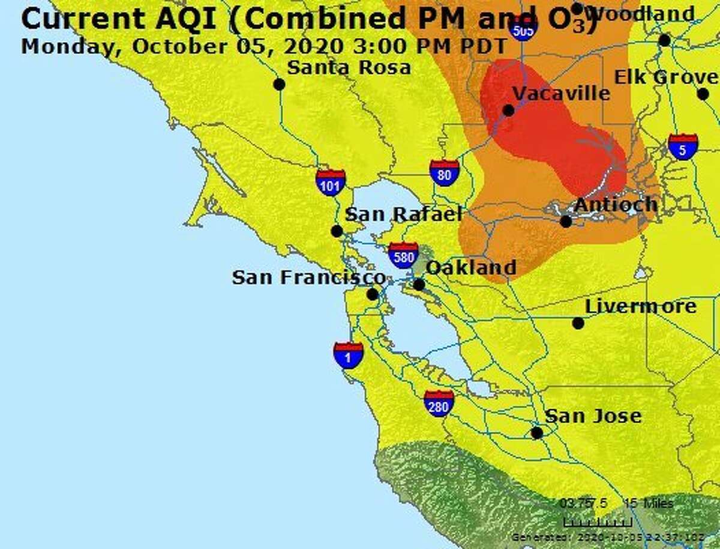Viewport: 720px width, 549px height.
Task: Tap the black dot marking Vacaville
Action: (508, 111)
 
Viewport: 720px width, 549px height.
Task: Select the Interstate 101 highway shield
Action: (331, 182)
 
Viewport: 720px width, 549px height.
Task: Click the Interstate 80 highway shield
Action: (445, 172)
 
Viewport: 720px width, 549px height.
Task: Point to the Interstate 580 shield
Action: (403, 255)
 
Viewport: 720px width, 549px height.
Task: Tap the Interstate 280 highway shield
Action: (439, 403)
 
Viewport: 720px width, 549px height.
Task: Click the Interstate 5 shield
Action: (683, 146)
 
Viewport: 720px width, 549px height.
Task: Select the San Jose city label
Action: (593, 416)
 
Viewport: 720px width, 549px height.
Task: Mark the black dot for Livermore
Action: (578, 323)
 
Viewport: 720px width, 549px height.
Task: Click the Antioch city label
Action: (616, 204)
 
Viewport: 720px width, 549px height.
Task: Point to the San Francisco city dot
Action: (373, 294)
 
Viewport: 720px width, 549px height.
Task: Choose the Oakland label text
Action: (471, 267)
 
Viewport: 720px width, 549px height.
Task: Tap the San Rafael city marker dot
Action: (337, 231)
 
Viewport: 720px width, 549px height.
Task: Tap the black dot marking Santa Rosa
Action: (279, 84)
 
